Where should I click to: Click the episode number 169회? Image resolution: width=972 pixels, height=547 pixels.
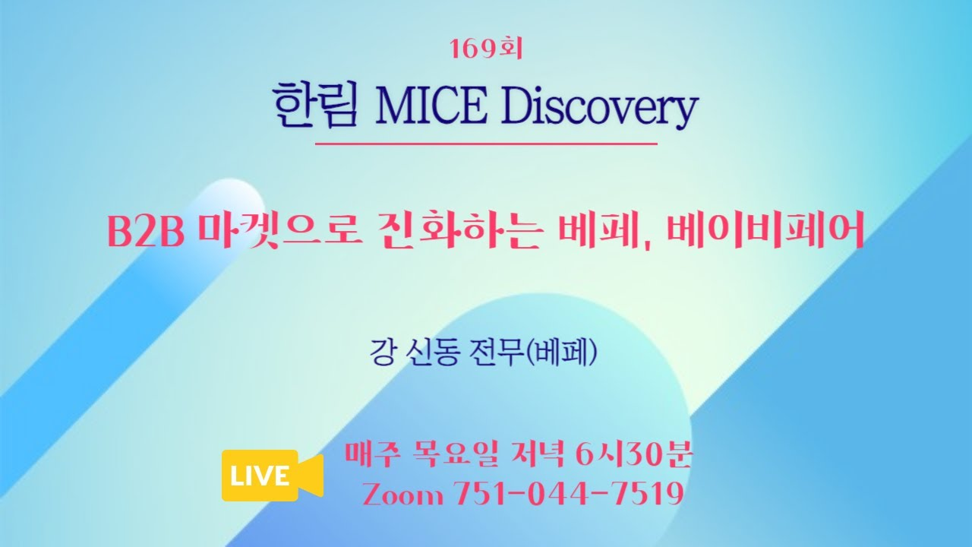coord(487,49)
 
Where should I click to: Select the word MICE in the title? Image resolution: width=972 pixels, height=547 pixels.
coord(431,106)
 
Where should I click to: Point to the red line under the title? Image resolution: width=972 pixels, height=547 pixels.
coord(486,144)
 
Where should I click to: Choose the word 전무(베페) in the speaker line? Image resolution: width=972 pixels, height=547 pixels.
coord(533,352)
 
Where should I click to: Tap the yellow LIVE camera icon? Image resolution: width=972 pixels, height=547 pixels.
coord(273,476)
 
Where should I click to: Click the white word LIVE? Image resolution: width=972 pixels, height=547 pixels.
coord(260,476)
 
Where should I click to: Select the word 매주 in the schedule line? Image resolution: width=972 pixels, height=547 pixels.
coord(371,454)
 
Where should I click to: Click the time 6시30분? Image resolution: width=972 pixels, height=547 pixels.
coord(633,454)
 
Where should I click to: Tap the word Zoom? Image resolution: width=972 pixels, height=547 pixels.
coord(403,495)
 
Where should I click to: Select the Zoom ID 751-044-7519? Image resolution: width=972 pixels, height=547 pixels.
coord(569,494)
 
